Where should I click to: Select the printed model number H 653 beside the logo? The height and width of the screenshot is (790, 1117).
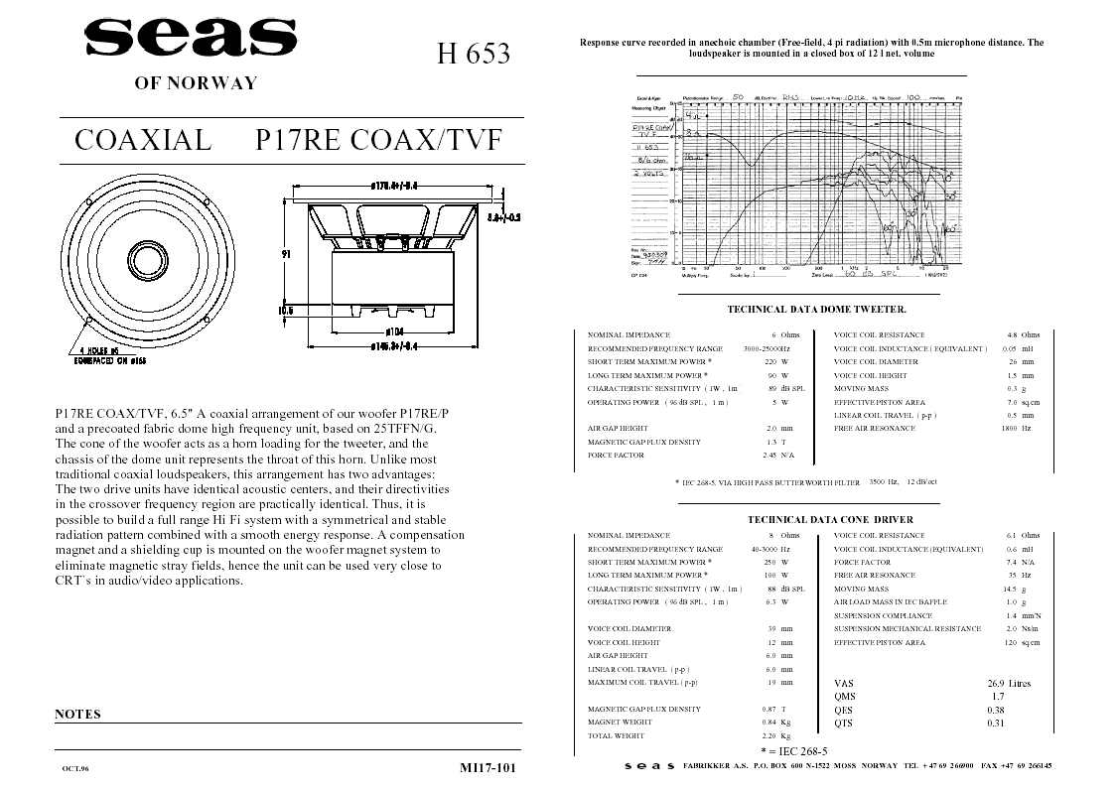tap(474, 54)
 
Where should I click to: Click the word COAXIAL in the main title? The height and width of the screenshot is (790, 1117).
tap(143, 140)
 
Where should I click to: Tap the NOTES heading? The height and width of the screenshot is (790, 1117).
tap(77, 714)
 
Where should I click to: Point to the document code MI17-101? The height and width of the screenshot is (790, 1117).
tap(489, 767)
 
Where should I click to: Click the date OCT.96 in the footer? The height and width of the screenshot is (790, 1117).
tap(75, 768)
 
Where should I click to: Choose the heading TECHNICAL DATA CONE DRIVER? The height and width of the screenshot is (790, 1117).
tap(830, 519)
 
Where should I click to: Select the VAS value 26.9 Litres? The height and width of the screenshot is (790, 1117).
tap(1009, 683)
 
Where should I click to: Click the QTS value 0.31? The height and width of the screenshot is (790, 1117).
tap(996, 723)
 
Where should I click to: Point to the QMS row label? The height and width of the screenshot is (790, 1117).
tap(844, 697)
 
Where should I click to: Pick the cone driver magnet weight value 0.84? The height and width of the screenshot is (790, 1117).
tap(768, 722)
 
